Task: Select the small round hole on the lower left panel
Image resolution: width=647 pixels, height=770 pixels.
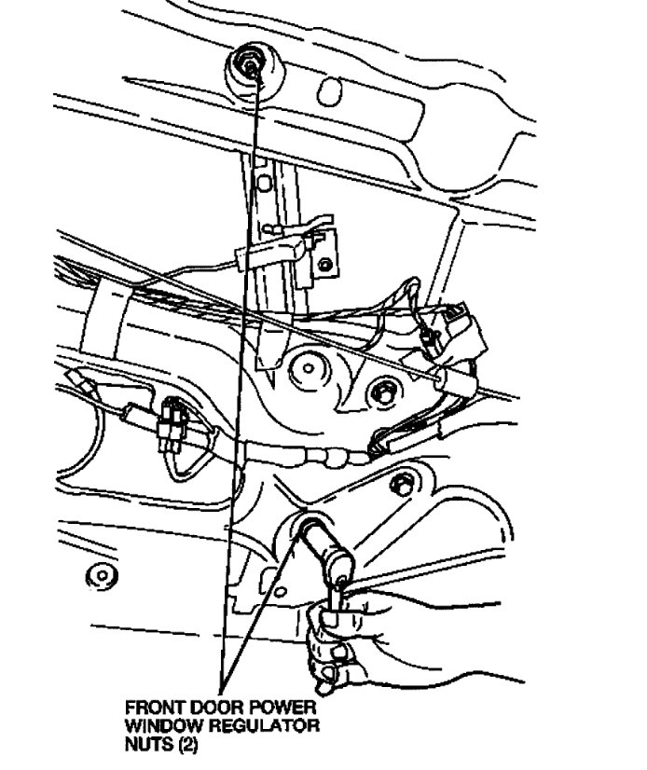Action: (x=95, y=571)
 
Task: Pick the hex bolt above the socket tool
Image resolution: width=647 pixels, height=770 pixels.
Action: (x=400, y=486)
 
